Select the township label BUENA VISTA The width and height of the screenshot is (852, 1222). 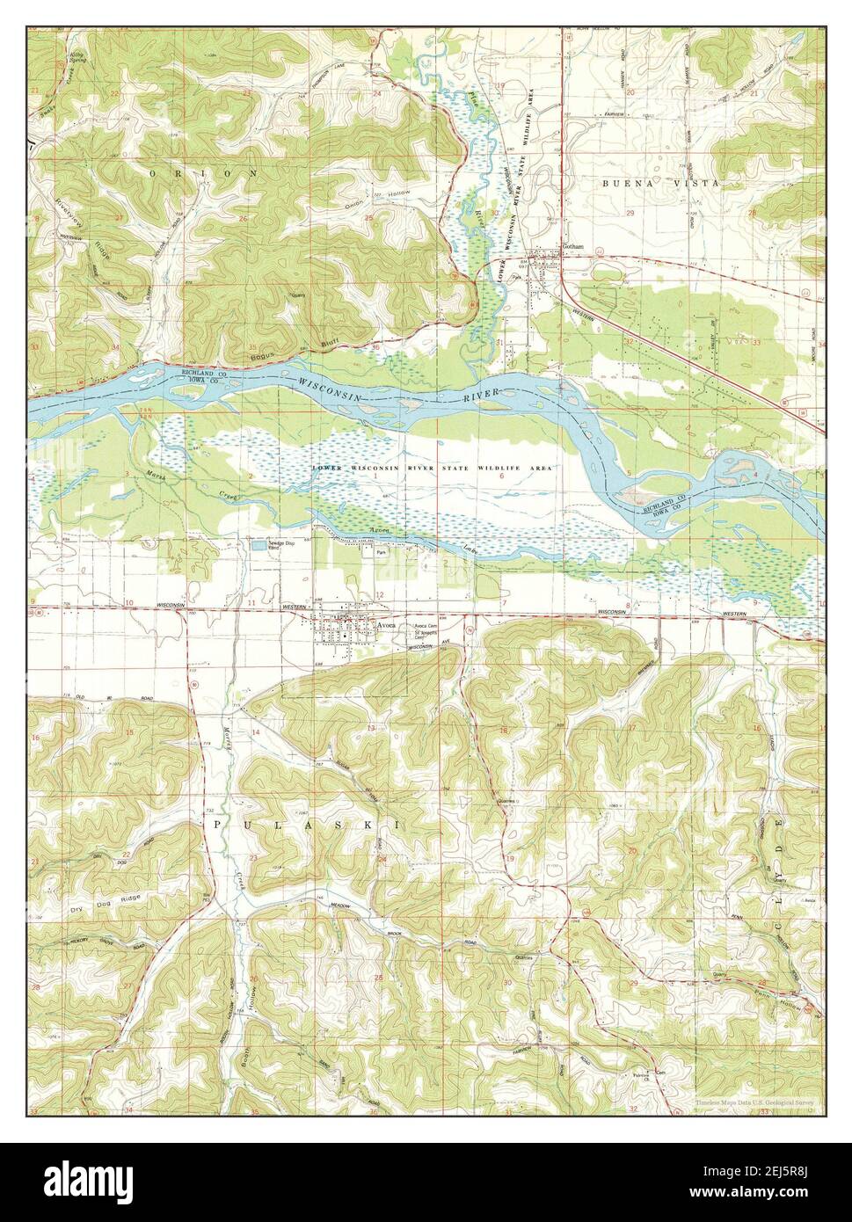[x=659, y=183]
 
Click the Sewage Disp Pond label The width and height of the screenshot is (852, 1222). [x=284, y=545]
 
